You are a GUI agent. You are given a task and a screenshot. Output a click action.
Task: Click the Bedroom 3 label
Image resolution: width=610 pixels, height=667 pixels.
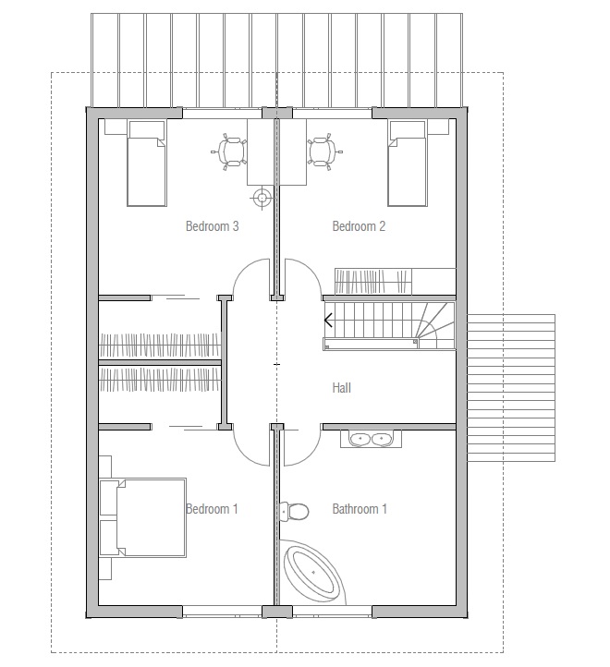[212, 226]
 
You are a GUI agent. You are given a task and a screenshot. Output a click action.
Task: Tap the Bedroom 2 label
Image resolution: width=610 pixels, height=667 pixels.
[359, 226]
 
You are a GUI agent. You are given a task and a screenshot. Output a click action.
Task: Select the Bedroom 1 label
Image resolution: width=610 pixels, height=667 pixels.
[212, 509]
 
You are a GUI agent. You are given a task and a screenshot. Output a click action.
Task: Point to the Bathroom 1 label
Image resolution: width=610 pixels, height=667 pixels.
[360, 509]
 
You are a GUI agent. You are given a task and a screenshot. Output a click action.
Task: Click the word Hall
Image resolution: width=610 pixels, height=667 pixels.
[341, 387]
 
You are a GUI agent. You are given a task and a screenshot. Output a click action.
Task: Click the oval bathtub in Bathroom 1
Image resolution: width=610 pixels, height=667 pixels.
[313, 573]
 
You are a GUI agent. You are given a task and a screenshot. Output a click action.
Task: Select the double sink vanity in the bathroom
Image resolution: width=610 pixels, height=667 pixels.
[371, 439]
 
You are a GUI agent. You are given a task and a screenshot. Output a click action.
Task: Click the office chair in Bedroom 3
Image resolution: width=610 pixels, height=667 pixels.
[229, 152]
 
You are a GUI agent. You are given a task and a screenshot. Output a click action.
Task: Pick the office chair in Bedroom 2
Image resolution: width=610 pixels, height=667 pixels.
[324, 152]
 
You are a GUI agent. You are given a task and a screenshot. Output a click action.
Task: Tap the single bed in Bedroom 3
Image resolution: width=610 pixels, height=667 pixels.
[146, 164]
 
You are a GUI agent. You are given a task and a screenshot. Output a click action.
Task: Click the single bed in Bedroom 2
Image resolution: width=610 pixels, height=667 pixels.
[408, 164]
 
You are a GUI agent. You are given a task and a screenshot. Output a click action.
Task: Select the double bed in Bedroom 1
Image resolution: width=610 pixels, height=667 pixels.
[143, 517]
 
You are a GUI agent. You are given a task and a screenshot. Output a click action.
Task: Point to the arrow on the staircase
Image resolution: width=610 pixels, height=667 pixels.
[328, 320]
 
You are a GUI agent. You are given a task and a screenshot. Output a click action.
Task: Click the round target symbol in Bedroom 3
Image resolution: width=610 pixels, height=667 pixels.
[262, 198]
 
